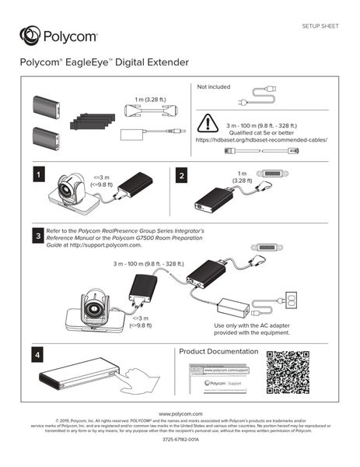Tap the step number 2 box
click(182, 177)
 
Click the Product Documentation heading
click(218, 352)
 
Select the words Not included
click(214, 86)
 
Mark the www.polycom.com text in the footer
click(180, 413)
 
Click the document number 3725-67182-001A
click(180, 440)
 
